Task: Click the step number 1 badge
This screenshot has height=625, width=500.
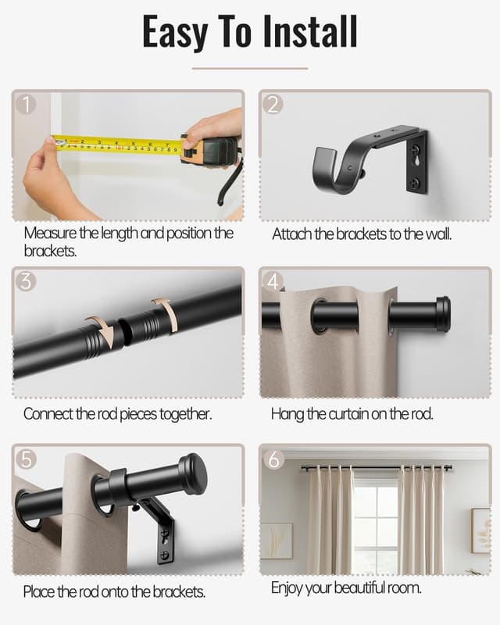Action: pyautogui.click(x=27, y=104)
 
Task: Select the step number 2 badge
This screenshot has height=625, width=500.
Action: pyautogui.click(x=273, y=104)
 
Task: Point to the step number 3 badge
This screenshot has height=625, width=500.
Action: pyautogui.click(x=27, y=281)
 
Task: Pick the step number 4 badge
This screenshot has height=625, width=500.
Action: pyautogui.click(x=273, y=281)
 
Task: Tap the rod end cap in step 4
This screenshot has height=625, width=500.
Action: pyautogui.click(x=442, y=313)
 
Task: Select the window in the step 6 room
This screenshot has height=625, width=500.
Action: pyautogui.click(x=375, y=520)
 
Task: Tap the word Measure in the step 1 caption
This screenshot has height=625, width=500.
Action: pyautogui.click(x=50, y=233)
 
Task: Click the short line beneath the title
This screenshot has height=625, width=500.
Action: pyautogui.click(x=249, y=68)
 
